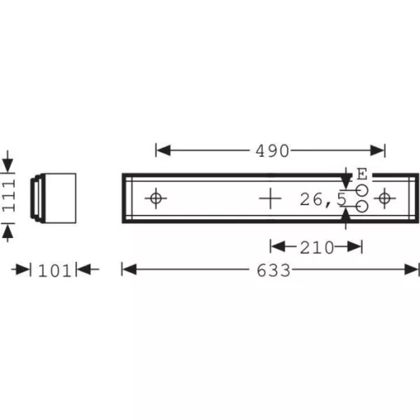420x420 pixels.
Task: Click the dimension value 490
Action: tap(270, 151)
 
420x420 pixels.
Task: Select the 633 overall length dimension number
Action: tap(270, 270)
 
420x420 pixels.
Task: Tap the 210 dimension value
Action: tap(317, 247)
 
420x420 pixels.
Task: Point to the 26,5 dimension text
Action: tap(322, 199)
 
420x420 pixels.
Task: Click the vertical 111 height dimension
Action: tap(8, 198)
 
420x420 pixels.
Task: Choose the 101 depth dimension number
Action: tap(53, 270)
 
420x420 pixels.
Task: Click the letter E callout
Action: tap(363, 175)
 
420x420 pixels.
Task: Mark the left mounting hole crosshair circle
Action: tap(155, 198)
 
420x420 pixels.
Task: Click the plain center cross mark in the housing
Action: tap(270, 198)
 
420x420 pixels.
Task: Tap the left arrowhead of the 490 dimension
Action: tap(162, 151)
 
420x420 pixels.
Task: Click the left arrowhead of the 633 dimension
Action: tap(128, 270)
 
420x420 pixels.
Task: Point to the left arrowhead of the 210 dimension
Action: tap(276, 247)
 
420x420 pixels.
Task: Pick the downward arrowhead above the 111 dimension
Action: tap(8, 167)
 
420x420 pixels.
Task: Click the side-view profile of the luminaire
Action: tap(55, 198)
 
